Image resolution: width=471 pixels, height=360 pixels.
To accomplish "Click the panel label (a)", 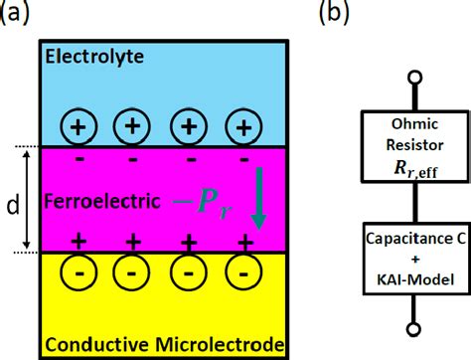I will [x=17, y=14].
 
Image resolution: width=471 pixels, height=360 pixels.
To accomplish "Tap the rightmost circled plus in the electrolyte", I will [x=240, y=126].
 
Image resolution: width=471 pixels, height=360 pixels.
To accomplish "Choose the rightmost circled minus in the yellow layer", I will [x=240, y=274].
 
